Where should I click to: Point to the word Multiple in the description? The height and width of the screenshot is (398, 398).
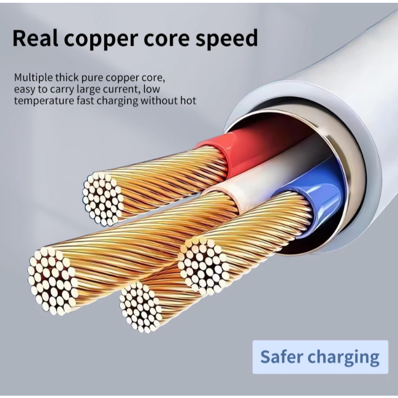[x=32, y=77]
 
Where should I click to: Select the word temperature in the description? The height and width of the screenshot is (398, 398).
[x=40, y=101]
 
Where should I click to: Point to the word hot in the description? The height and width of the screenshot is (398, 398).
[x=188, y=100]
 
